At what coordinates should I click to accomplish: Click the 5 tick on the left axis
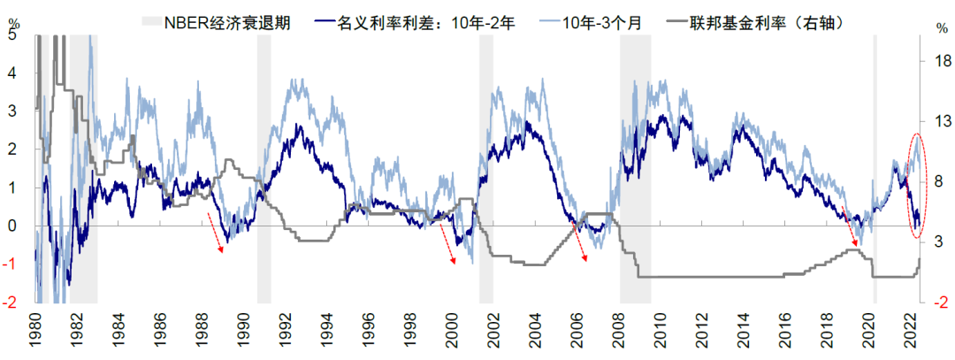click(12, 36)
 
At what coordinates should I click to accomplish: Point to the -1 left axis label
click(10, 264)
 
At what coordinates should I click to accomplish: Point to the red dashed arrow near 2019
click(851, 226)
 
